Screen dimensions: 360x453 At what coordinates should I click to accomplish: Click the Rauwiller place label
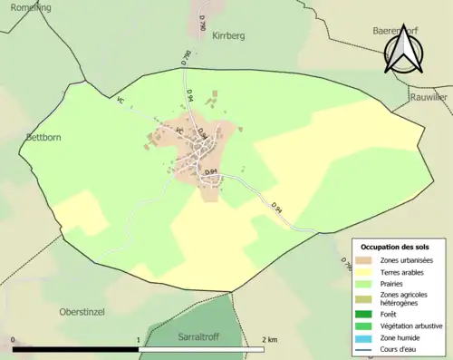click(429, 97)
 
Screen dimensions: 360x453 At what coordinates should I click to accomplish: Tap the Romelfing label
click(25, 7)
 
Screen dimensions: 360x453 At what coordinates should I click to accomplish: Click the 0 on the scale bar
click(13, 339)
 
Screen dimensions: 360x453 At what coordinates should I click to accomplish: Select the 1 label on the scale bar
click(139, 339)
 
